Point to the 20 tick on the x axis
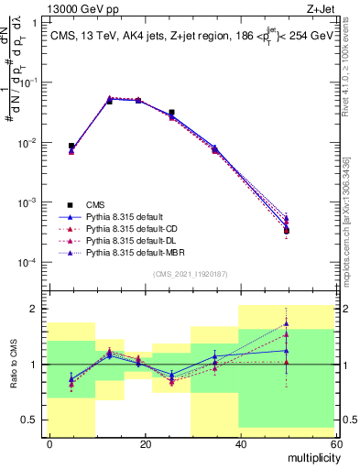pyautogui.click(x=146, y=443)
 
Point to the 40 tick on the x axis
pyautogui.click(x=241, y=443)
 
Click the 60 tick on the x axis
pyautogui.click(x=335, y=443)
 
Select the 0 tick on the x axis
pyautogui.click(x=50, y=443)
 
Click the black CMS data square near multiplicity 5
pyautogui.click(x=71, y=146)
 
